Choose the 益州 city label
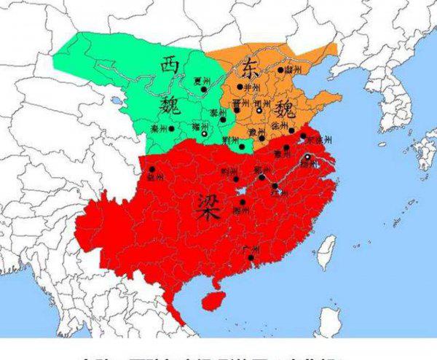(154, 176)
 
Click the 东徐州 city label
(319, 138)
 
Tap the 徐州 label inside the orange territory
(280, 125)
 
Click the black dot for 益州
(151, 169)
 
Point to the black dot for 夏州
(205, 90)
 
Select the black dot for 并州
(240, 87)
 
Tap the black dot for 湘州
(243, 202)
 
